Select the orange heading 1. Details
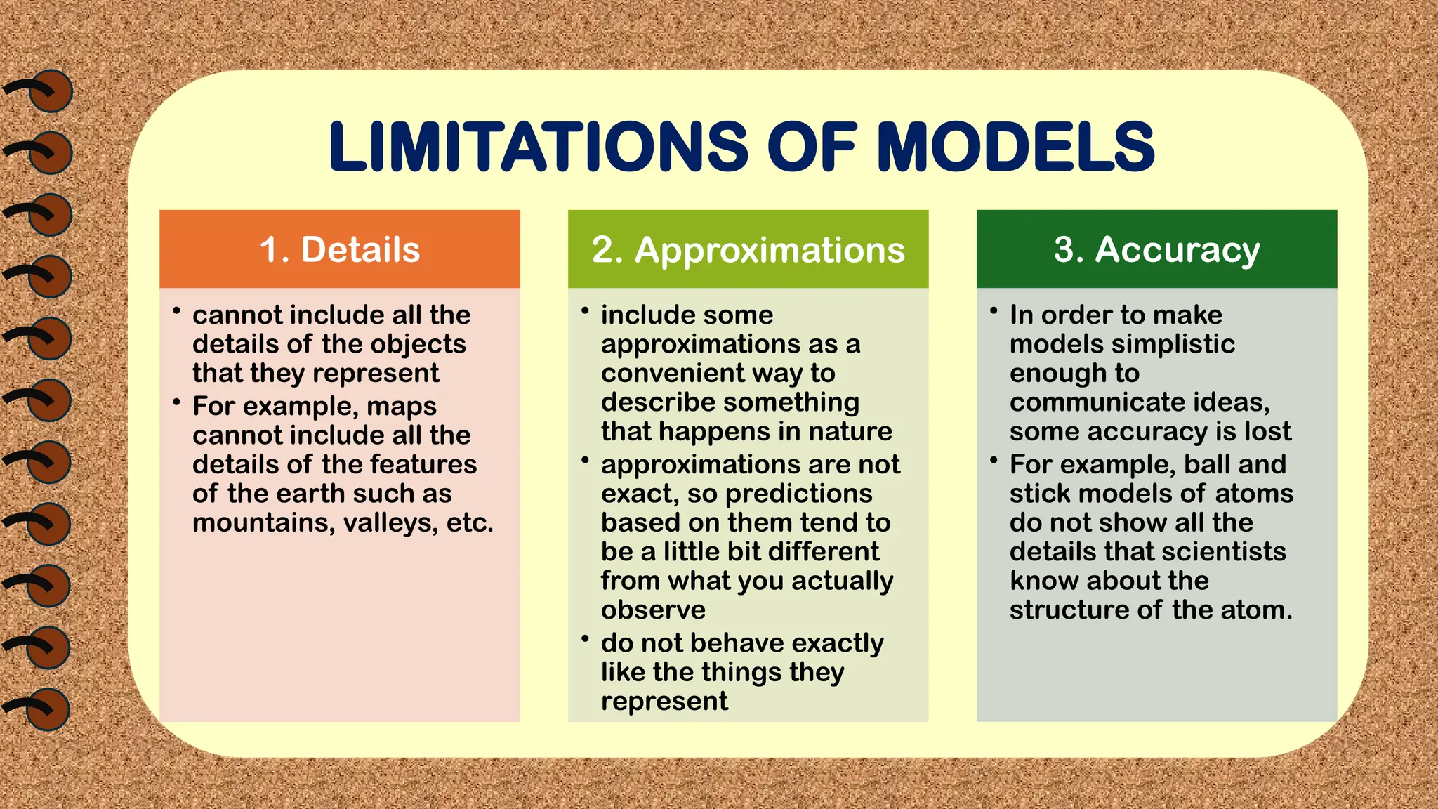point(340,249)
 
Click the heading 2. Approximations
point(748,249)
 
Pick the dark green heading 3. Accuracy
point(1156,249)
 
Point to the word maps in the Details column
point(401,407)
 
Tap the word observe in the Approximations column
point(653,610)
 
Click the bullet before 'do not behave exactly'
point(585,638)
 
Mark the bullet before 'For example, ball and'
point(994,460)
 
